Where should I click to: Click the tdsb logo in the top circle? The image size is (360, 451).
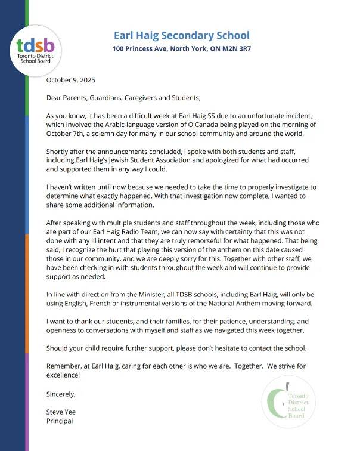pos(36,47)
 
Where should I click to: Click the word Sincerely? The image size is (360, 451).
pos(61,394)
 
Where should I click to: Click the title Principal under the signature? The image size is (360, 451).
pos(60,421)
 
